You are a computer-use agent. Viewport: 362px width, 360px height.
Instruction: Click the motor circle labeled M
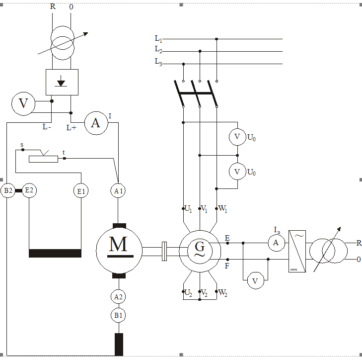pos(118,247)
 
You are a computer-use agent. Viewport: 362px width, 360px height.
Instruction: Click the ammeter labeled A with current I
pos(95,123)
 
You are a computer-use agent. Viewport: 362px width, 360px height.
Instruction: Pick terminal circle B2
pos(8,190)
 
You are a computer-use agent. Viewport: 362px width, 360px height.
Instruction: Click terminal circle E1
pos(81,190)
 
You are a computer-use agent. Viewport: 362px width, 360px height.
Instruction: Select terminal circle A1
pos(118,190)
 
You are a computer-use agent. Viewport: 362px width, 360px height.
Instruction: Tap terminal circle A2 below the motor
pos(118,297)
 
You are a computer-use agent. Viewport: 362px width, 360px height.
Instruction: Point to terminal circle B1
pos(118,315)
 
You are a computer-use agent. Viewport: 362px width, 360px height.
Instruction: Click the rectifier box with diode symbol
pos(61,82)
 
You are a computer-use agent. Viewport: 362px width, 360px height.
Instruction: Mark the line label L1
pos(158,38)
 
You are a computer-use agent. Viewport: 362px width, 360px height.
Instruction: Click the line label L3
pos(158,62)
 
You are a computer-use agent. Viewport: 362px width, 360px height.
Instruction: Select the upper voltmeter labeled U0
pos(237,136)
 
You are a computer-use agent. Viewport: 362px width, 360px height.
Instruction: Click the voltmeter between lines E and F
pos(255,281)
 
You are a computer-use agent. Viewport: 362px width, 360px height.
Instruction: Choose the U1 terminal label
pos(188,209)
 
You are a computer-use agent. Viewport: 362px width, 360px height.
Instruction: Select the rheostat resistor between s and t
pos(43,159)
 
